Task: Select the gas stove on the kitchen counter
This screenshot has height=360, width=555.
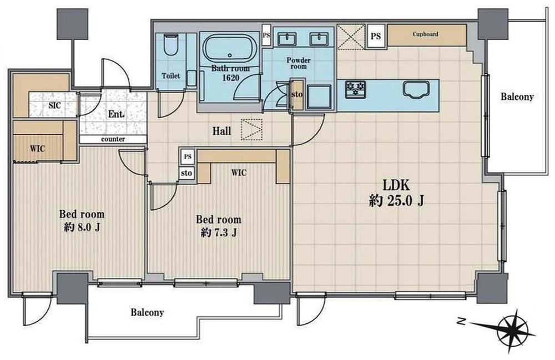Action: click(356, 89)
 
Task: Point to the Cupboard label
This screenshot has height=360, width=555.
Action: click(426, 34)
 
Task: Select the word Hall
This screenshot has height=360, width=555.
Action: click(221, 131)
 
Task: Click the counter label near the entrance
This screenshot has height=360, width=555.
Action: click(113, 139)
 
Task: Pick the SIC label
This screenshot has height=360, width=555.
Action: click(54, 105)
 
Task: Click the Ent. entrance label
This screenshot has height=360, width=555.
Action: click(117, 114)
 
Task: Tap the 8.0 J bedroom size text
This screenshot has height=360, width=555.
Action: click(82, 227)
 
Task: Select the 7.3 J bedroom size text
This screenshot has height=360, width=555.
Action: click(219, 232)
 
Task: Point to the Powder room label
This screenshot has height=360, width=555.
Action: click(299, 63)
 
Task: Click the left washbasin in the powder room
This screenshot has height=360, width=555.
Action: click(287, 39)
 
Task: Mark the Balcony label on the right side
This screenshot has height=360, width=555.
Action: click(517, 97)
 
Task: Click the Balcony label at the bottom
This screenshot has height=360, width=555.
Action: click(147, 312)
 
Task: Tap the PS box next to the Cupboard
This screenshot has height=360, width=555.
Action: click(376, 36)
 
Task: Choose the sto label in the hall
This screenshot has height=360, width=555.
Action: click(186, 173)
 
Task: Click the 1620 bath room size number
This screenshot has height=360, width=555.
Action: click(230, 78)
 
